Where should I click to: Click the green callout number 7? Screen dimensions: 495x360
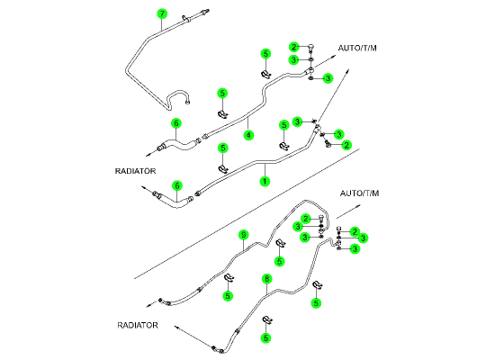click(x=162, y=13)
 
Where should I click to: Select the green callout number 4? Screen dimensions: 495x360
click(x=248, y=135)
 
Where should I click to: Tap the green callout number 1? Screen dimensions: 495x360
click(x=265, y=181)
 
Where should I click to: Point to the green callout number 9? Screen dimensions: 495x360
click(x=243, y=235)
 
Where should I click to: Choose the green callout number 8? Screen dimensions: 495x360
click(x=267, y=279)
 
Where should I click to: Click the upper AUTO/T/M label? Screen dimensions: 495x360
click(x=357, y=48)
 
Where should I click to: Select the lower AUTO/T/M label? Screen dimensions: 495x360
click(x=359, y=193)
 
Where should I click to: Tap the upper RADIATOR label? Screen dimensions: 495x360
click(x=135, y=171)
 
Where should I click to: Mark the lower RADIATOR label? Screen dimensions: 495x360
click(x=138, y=325)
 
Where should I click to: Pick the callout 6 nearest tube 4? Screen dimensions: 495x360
click(x=176, y=123)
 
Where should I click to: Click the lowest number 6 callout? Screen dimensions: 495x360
click(x=177, y=185)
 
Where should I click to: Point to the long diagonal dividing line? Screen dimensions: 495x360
click(x=247, y=214)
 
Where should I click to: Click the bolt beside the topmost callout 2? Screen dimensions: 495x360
click(x=311, y=49)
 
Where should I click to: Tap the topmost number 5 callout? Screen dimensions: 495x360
click(x=265, y=54)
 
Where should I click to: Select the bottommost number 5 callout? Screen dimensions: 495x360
click(x=265, y=337)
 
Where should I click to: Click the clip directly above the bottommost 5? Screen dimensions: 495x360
click(x=267, y=319)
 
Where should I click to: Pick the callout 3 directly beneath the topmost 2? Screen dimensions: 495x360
click(x=294, y=59)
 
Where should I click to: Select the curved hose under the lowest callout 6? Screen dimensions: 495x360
click(x=175, y=202)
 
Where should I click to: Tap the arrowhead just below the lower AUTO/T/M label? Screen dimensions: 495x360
click(x=358, y=206)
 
